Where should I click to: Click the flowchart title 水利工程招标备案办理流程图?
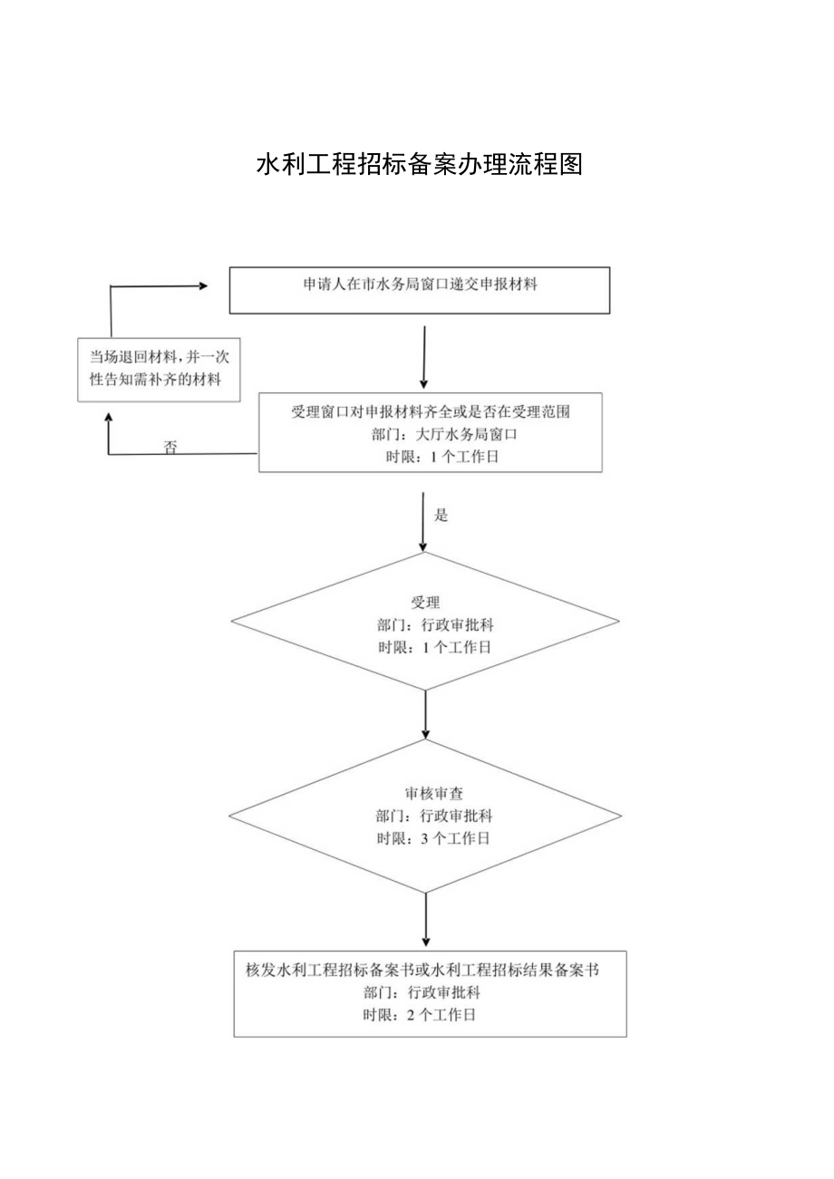419,165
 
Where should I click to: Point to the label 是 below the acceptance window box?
441,516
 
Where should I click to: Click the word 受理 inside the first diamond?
425,603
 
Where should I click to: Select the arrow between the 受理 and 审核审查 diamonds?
425,714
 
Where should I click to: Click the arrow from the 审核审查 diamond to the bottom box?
425,917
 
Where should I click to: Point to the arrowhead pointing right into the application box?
202,285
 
